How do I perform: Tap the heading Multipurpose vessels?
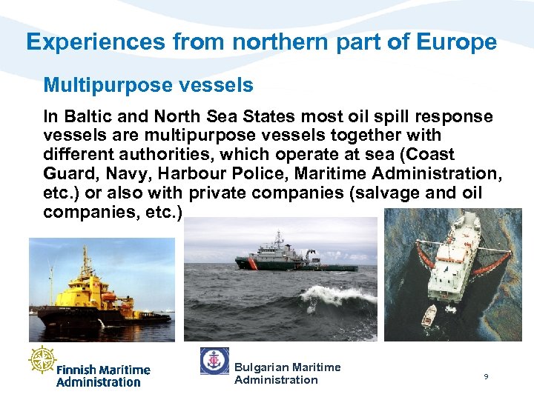tap(148, 85)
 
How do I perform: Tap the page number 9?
tap(486, 377)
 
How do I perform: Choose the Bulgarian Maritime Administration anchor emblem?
tap(214, 361)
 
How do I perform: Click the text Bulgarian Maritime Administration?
tap(287, 373)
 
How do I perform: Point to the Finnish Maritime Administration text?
tap(103, 376)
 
